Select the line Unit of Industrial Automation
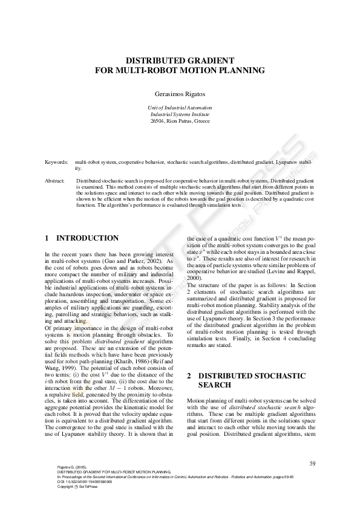pos(180,107)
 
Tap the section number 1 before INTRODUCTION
pos(48,238)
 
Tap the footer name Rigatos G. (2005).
pos(71,467)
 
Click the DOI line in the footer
pos(80,481)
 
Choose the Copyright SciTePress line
pos(77,486)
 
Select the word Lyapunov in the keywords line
pos(287,163)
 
